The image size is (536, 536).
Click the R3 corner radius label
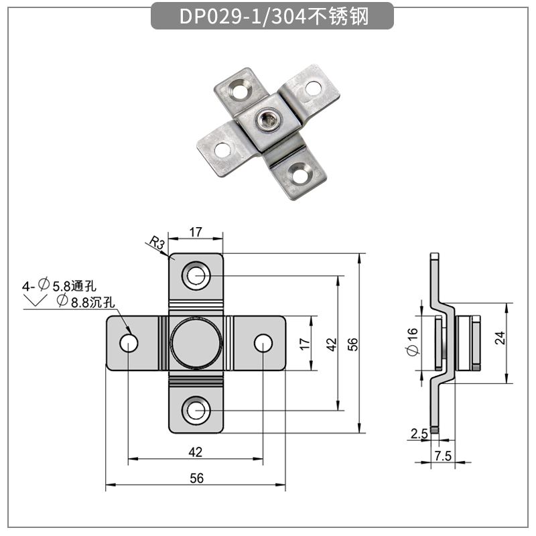[x=157, y=244]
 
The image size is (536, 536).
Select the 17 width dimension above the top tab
[x=195, y=232]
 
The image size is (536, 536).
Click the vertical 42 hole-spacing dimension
[x=330, y=343]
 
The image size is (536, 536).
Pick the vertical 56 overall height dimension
[x=353, y=343]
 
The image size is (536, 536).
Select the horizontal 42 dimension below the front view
[x=195, y=452]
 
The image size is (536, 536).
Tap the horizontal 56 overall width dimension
[x=196, y=477]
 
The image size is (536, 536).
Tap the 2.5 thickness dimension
[x=419, y=434]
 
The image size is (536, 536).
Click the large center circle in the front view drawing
[x=195, y=342]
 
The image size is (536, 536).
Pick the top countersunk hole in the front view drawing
[x=196, y=274]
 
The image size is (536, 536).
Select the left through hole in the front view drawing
[x=128, y=343]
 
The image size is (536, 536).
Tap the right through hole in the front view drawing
[x=263, y=343]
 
